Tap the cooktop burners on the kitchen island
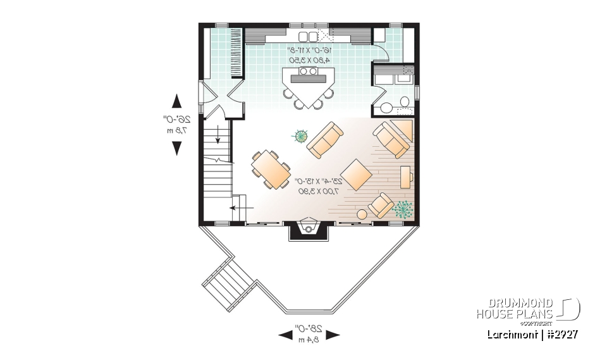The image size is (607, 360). (x=308, y=72)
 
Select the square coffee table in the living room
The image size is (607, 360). (x=358, y=175)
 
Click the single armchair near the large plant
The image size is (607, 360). (x=381, y=205)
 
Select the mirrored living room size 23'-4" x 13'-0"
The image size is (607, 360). (x=317, y=182)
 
